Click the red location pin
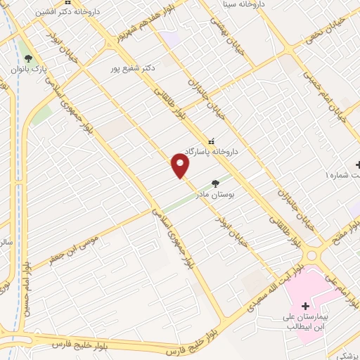coord(181,166)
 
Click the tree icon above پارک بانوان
coord(28,58)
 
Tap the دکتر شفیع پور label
coord(132,69)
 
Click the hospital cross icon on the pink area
coord(305,306)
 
